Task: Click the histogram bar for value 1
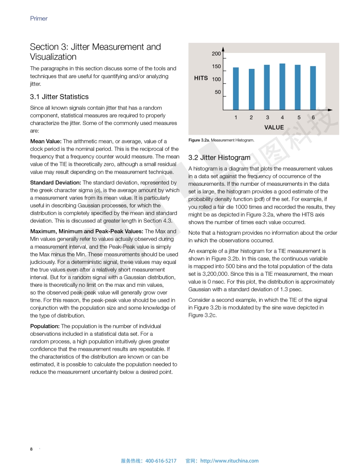236,88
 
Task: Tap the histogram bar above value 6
313,88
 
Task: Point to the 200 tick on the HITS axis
216,54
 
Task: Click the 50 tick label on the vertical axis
218,92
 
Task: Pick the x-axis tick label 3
267,117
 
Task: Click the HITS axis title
201,78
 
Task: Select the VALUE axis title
274,127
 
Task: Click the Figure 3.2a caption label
199,140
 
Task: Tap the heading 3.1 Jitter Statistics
59,97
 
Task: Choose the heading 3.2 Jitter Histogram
219,158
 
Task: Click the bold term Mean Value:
46,141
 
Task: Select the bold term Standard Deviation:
56,182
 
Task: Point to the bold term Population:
45,326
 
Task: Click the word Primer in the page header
39,19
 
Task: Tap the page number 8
31,449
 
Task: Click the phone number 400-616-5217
161,461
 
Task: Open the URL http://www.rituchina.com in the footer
229,461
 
